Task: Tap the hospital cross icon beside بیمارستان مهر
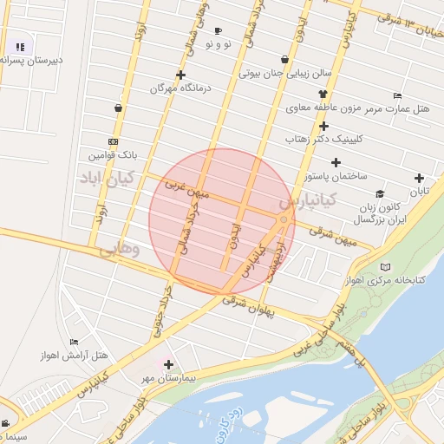(x=168, y=365)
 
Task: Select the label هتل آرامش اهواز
(x=75, y=356)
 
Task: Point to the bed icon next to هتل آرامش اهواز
(x=74, y=342)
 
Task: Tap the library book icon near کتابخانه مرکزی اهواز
(x=386, y=266)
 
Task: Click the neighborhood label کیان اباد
(x=103, y=180)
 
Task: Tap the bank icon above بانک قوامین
(x=114, y=141)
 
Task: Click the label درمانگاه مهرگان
(x=180, y=88)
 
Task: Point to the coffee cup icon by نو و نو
(x=217, y=30)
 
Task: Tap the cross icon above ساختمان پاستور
(x=336, y=162)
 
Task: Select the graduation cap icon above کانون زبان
(x=379, y=194)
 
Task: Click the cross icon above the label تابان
(x=420, y=178)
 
